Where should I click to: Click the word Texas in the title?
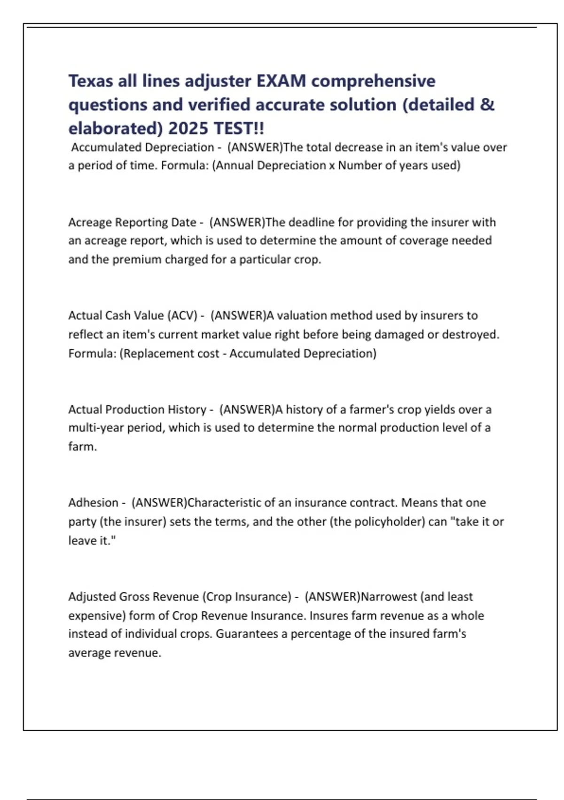(x=91, y=81)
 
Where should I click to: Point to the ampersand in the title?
(x=487, y=104)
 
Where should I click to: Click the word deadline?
(x=311, y=222)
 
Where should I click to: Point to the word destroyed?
(x=475, y=335)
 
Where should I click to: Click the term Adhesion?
(x=93, y=503)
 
